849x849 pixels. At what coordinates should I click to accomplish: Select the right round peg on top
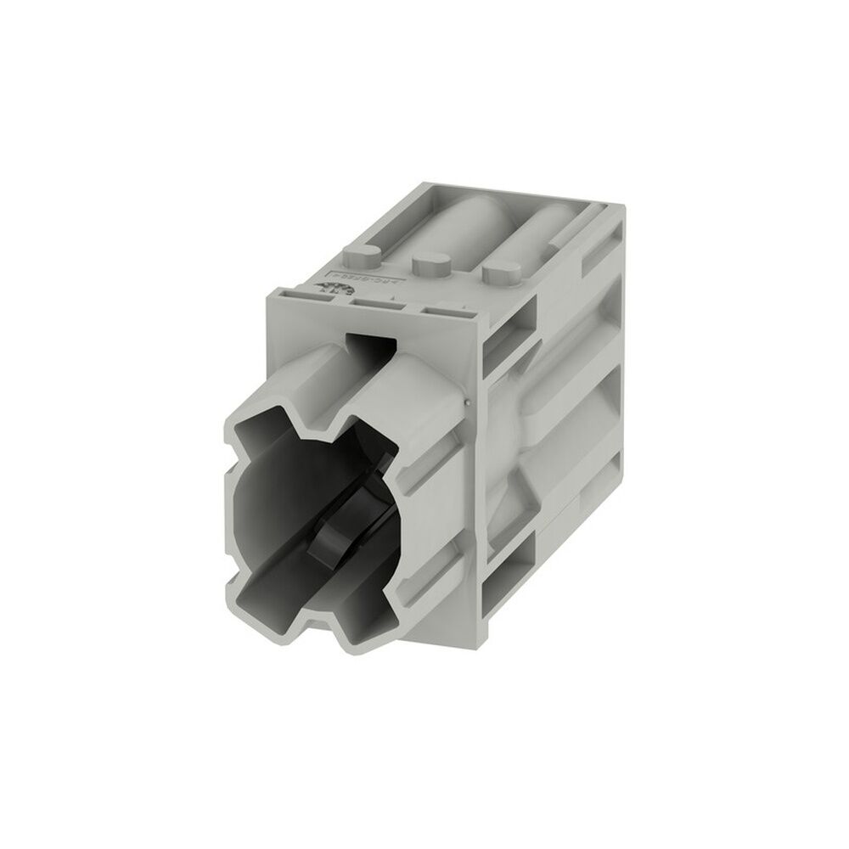click(501, 273)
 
